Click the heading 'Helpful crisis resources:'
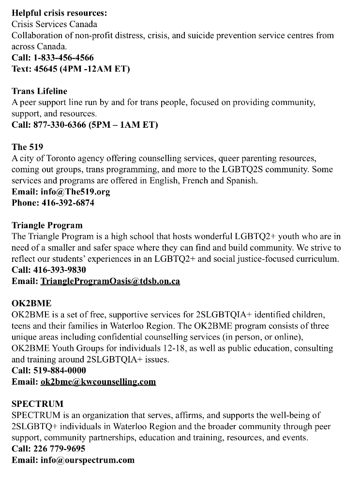click(59, 13)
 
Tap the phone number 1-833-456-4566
click(64, 58)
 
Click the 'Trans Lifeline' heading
click(39, 91)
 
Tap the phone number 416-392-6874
click(67, 203)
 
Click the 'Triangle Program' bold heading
click(47, 225)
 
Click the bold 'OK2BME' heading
click(31, 303)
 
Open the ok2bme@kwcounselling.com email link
click(98, 382)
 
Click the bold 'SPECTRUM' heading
click(37, 404)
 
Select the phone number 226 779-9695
click(59, 449)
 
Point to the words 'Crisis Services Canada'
click(54, 24)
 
